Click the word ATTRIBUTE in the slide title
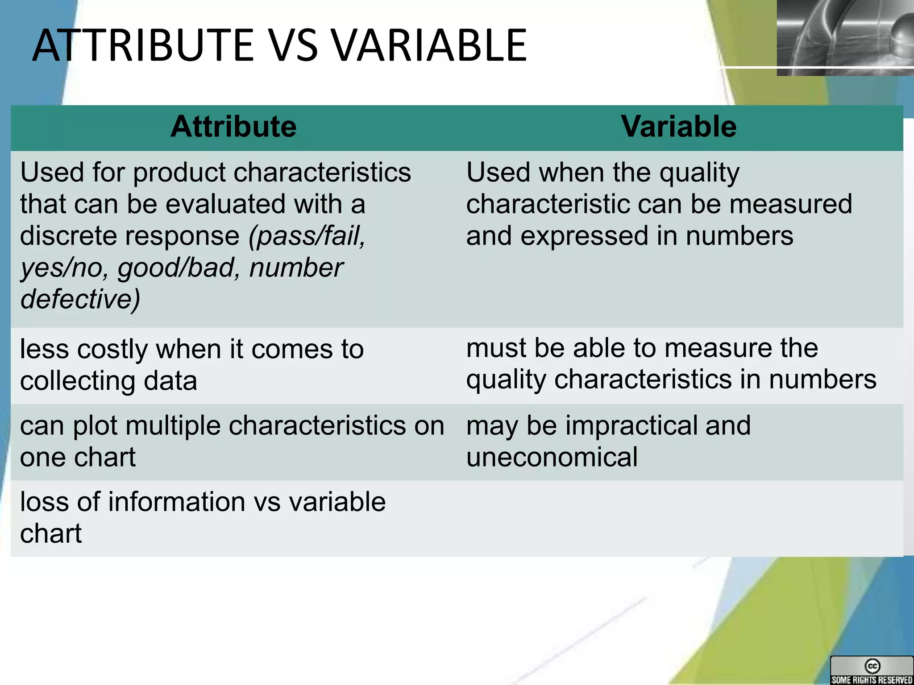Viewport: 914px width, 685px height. [143, 45]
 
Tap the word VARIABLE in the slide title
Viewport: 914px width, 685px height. [428, 45]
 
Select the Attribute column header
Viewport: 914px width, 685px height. [233, 127]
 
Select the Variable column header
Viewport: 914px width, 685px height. [678, 127]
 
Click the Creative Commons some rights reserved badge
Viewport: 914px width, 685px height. [872, 670]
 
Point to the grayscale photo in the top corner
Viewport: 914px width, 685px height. [845, 37]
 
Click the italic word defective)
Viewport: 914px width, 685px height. [80, 299]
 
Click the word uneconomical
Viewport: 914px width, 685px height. [552, 458]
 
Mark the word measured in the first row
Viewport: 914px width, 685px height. [790, 204]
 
